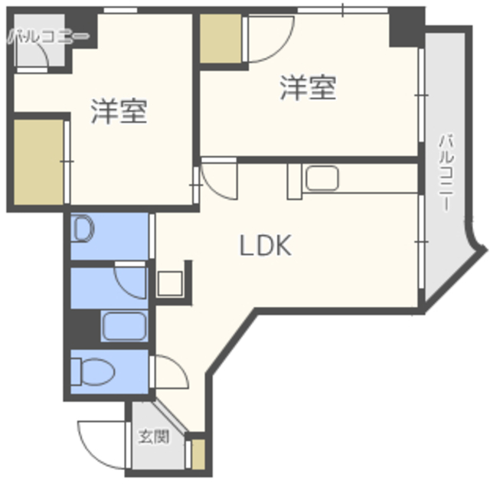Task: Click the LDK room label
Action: [266, 245]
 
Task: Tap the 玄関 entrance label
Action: [154, 436]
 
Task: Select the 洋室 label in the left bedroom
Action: [119, 111]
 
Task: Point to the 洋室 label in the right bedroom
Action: [308, 87]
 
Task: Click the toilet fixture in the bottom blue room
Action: [93, 371]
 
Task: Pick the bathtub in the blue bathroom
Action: [124, 326]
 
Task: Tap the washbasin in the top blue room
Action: [83, 229]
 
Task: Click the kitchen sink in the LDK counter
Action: [322, 178]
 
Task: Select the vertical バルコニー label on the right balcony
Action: [446, 173]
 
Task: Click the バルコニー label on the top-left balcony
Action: [48, 37]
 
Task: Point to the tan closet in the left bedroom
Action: [39, 162]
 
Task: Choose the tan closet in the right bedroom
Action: [220, 38]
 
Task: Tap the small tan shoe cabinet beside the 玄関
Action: [198, 454]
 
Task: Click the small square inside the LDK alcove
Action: [170, 283]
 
